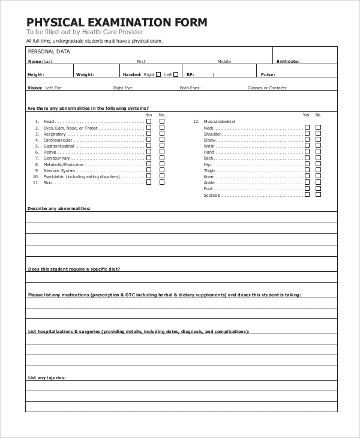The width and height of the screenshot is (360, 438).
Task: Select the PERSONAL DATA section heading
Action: pyautogui.click(x=49, y=52)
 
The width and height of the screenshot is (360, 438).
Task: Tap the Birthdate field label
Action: pyautogui.click(x=287, y=61)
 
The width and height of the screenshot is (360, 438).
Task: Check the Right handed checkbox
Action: pyautogui.click(x=159, y=74)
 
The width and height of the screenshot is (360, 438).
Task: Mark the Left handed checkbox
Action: pyautogui.click(x=176, y=74)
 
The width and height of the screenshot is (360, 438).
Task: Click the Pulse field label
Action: pyautogui.click(x=268, y=74)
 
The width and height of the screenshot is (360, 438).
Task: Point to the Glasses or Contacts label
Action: pyautogui.click(x=268, y=88)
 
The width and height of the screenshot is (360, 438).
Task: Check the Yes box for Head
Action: pyautogui.click(x=149, y=121)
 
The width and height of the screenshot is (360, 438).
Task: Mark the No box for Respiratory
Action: pyautogui.click(x=162, y=134)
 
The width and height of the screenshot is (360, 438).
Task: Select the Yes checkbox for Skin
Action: pyautogui.click(x=149, y=182)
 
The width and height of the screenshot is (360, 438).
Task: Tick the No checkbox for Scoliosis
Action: pyautogui.click(x=319, y=194)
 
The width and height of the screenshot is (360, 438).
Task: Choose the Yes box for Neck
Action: pyautogui.click(x=307, y=127)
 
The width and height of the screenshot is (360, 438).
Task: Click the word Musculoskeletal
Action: pyautogui.click(x=220, y=121)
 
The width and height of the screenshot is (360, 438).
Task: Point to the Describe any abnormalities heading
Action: pyautogui.click(x=59, y=208)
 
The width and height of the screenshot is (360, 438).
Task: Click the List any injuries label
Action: pyautogui.click(x=47, y=377)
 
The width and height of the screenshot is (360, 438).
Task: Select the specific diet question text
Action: pyautogui.click(x=74, y=269)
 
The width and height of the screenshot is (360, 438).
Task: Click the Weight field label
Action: pyautogui.click(x=85, y=74)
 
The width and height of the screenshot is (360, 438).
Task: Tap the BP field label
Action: pyautogui.click(x=190, y=74)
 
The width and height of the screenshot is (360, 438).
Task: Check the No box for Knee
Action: pyautogui.click(x=319, y=176)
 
